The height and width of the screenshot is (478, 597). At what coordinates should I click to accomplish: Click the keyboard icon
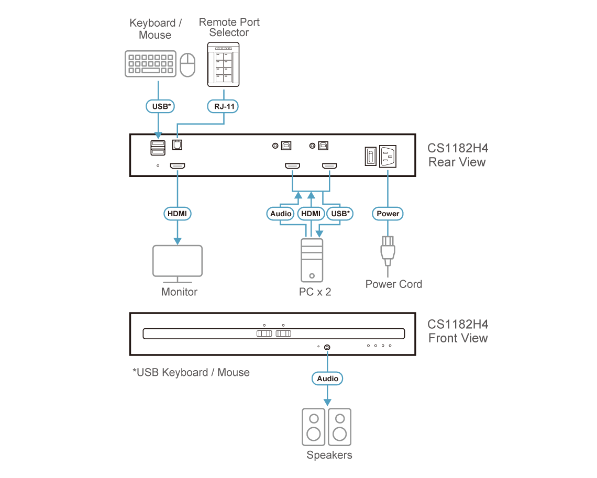(150, 64)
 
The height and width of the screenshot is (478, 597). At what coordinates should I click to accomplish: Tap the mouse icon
(187, 65)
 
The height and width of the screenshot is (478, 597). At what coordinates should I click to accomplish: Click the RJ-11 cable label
(224, 106)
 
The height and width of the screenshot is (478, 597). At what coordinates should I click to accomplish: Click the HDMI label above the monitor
(178, 214)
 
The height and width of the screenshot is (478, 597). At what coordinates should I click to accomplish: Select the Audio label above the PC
(281, 214)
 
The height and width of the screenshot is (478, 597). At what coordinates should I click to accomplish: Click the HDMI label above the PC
(311, 214)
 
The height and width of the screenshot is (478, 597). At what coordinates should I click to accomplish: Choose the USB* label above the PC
(340, 214)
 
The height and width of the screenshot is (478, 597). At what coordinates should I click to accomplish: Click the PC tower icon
(312, 260)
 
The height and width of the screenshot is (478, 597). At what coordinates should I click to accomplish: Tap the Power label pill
(388, 214)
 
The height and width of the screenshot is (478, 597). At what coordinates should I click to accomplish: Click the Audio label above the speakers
(328, 378)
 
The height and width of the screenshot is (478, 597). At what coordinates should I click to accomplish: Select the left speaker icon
(314, 427)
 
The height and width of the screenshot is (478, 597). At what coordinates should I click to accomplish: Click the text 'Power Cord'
(393, 284)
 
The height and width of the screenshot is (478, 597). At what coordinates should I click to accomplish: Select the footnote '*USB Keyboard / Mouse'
(191, 372)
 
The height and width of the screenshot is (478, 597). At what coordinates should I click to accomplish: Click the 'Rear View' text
(457, 162)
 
